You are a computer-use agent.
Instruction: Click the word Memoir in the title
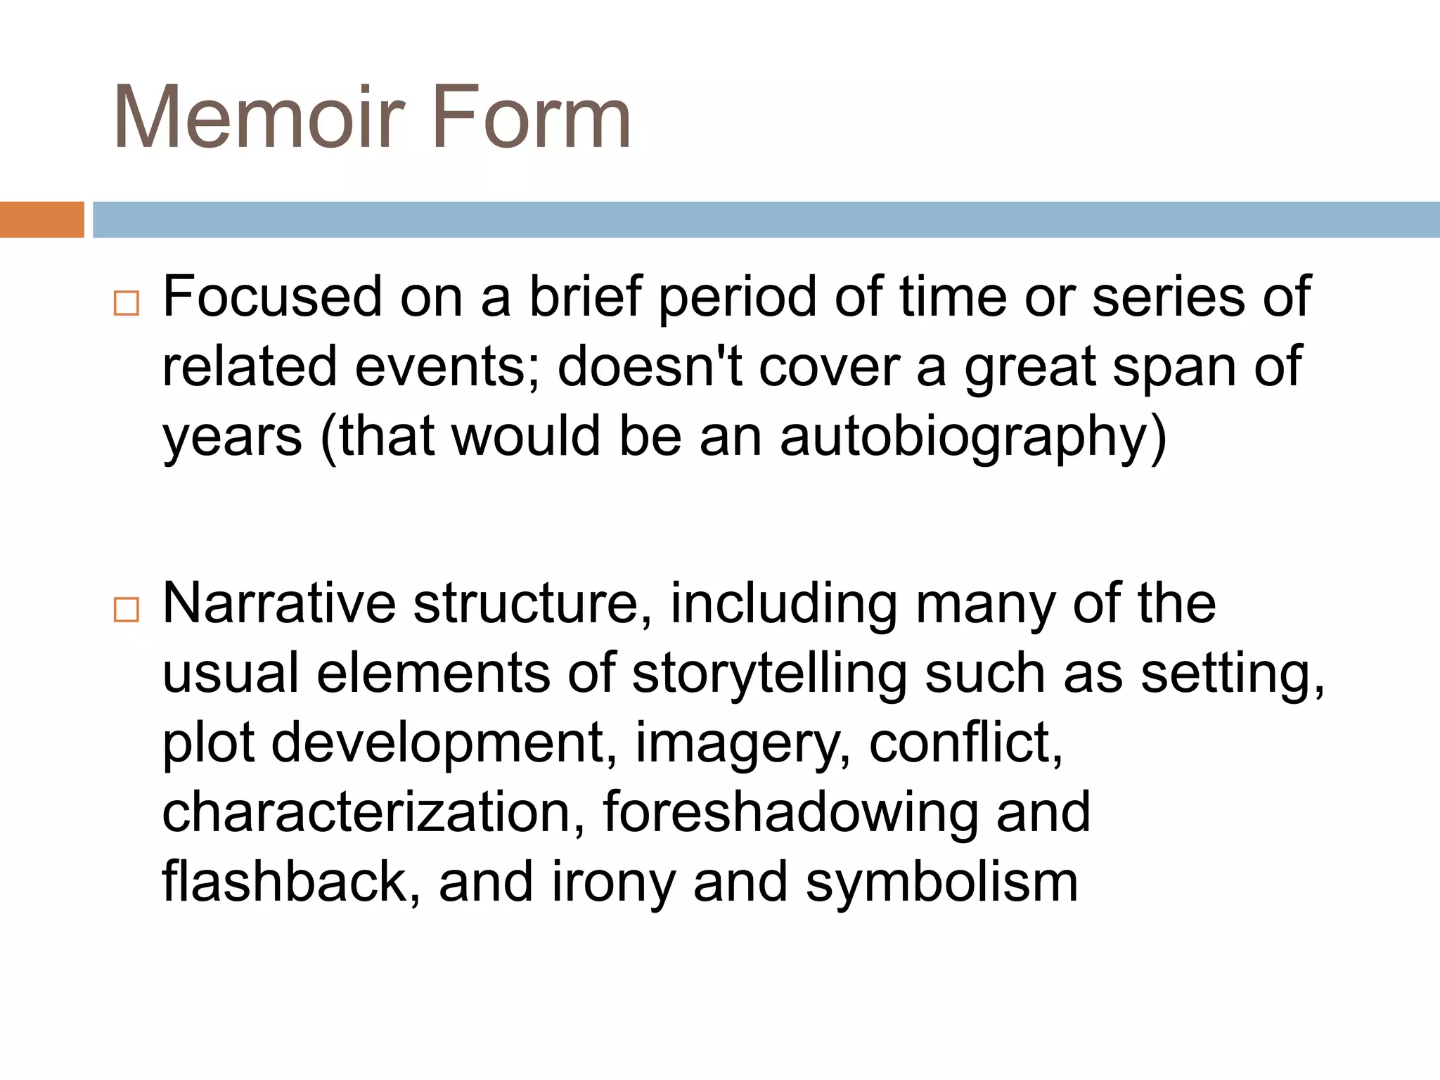[259, 117]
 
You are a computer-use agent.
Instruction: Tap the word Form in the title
[532, 117]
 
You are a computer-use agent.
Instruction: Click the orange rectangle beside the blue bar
[41, 219]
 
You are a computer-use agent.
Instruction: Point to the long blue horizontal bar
[766, 219]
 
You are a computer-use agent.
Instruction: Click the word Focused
[272, 297]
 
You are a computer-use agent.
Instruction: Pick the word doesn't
[649, 367]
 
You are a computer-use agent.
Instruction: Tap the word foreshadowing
[790, 813]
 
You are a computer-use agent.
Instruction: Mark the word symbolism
[941, 883]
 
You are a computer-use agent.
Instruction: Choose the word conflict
[965, 744]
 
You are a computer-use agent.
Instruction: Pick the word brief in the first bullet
[586, 297]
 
